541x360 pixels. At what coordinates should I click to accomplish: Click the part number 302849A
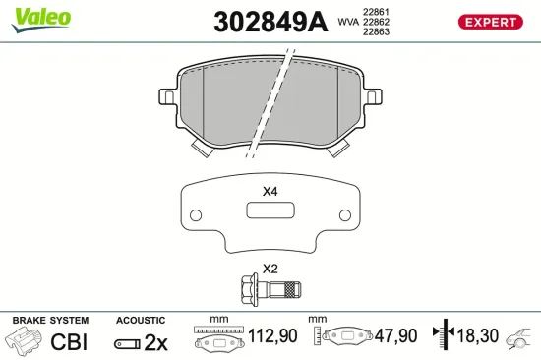[270, 21]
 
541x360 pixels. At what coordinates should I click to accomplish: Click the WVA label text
[348, 20]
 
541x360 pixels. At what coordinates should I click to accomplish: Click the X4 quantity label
[270, 191]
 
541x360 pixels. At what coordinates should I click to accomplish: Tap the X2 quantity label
[270, 269]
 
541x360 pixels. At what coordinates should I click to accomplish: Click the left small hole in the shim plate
[195, 214]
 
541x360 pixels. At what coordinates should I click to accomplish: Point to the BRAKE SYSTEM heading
[49, 321]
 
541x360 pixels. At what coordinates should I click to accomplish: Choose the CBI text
[70, 342]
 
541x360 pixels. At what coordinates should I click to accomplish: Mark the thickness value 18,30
[478, 336]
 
